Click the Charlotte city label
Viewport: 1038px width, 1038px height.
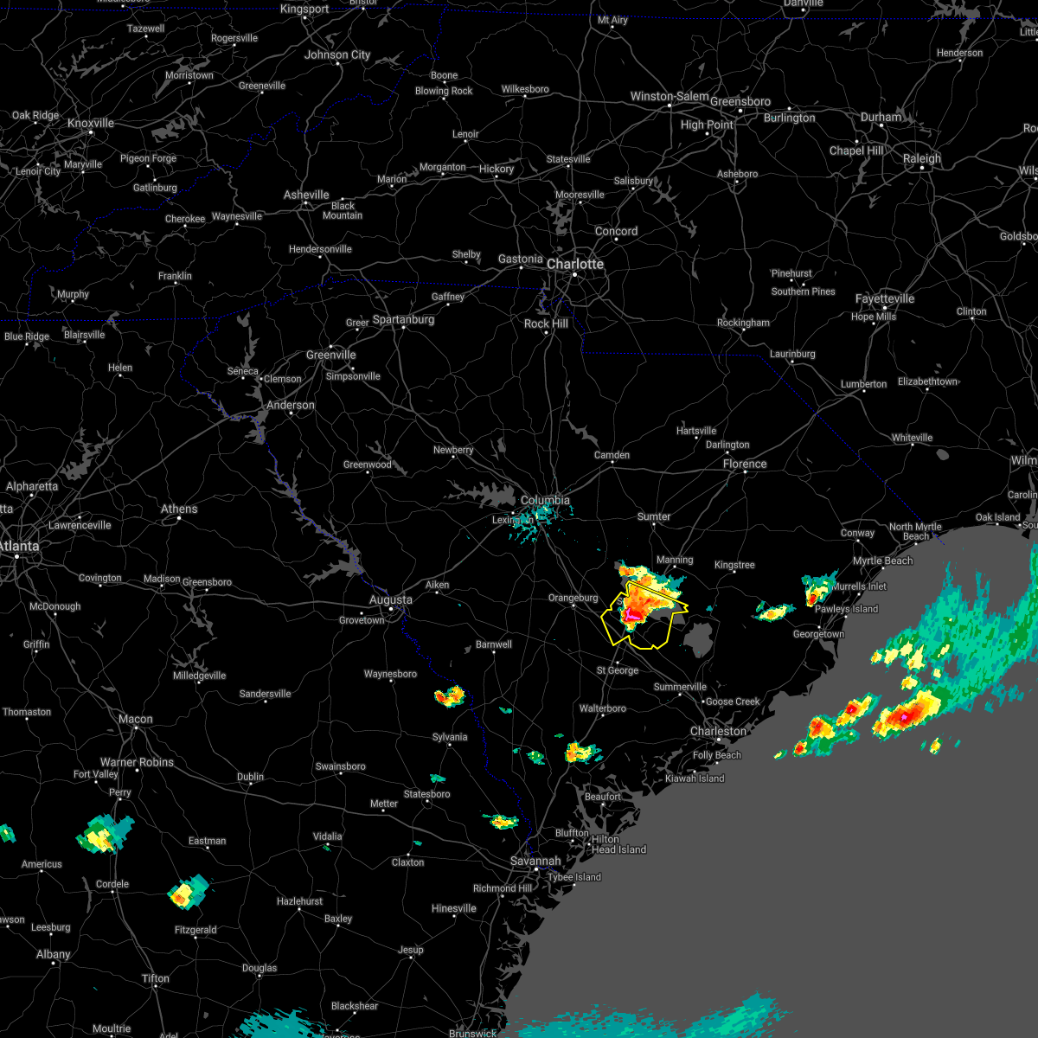point(575,264)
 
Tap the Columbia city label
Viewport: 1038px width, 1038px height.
point(545,500)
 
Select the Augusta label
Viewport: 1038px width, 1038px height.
point(390,599)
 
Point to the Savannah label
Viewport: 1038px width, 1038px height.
point(535,861)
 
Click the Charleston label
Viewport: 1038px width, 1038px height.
point(718,731)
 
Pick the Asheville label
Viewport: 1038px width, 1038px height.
point(306,195)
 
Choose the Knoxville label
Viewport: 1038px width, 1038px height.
point(91,123)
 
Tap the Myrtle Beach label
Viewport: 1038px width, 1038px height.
point(882,561)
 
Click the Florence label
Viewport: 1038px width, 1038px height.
point(745,464)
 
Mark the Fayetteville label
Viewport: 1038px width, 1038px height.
point(885,298)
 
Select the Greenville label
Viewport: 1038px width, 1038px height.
point(330,355)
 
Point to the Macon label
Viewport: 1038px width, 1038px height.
point(135,719)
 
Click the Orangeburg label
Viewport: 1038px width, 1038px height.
point(573,598)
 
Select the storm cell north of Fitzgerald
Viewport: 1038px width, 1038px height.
point(183,894)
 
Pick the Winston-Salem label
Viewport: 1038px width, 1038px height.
point(669,96)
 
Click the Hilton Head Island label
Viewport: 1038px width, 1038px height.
point(618,844)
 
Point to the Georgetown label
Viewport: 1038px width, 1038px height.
point(818,634)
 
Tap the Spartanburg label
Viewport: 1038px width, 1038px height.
point(403,319)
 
